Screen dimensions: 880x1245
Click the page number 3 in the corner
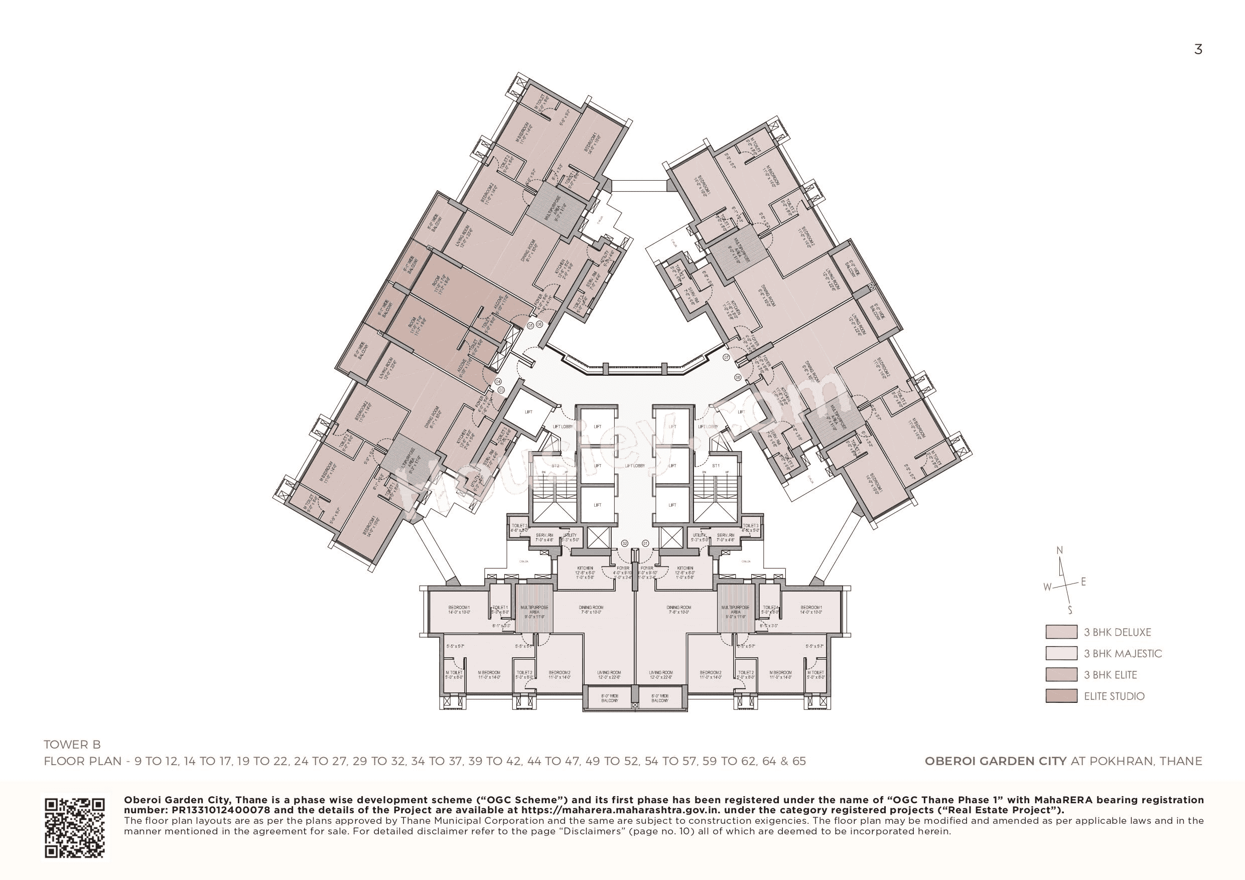(x=1198, y=50)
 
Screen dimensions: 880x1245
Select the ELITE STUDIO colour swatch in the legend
(x=1061, y=696)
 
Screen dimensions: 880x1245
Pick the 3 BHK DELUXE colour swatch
(x=1061, y=632)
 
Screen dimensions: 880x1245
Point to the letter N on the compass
(x=1059, y=551)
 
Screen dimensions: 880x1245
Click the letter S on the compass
(x=1070, y=611)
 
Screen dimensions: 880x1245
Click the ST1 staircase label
(x=716, y=466)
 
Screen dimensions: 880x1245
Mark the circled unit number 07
(x=727, y=357)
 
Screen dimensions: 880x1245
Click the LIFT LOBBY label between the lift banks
(x=635, y=466)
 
